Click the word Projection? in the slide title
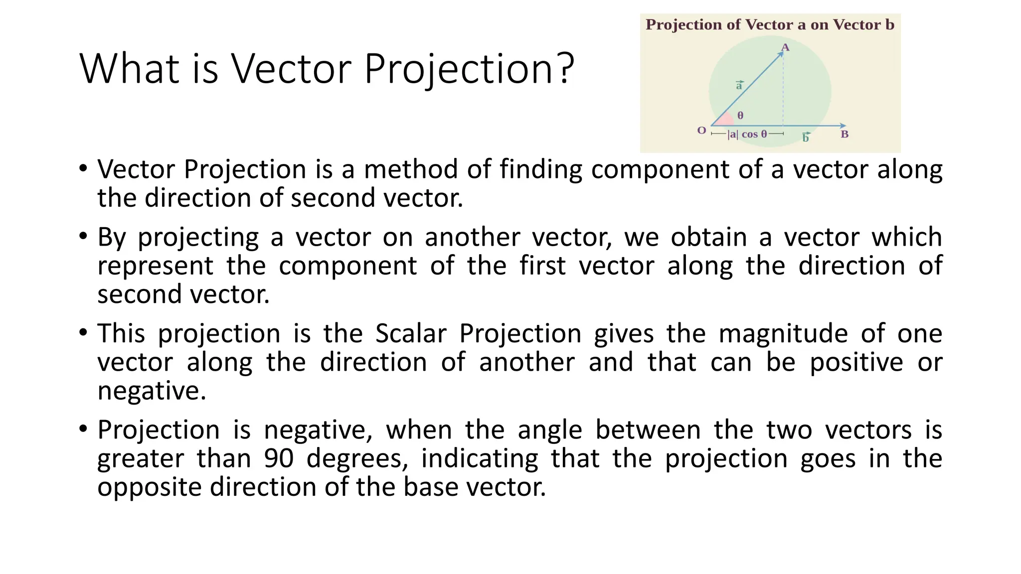pyautogui.click(x=469, y=70)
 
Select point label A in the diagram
pyautogui.click(x=785, y=48)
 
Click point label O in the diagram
pyautogui.click(x=701, y=131)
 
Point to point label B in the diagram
pyautogui.click(x=845, y=134)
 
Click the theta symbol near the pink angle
pyautogui.click(x=740, y=116)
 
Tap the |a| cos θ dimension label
pyautogui.click(x=747, y=134)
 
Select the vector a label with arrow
pyautogui.click(x=739, y=85)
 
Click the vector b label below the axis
pyautogui.click(x=806, y=138)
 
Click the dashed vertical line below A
pyautogui.click(x=783, y=90)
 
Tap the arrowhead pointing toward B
pyautogui.click(x=843, y=126)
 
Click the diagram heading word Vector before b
pyautogui.click(x=857, y=25)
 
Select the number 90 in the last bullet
pyautogui.click(x=279, y=458)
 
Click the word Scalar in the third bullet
pyautogui.click(x=410, y=333)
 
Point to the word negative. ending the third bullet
pyautogui.click(x=152, y=391)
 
